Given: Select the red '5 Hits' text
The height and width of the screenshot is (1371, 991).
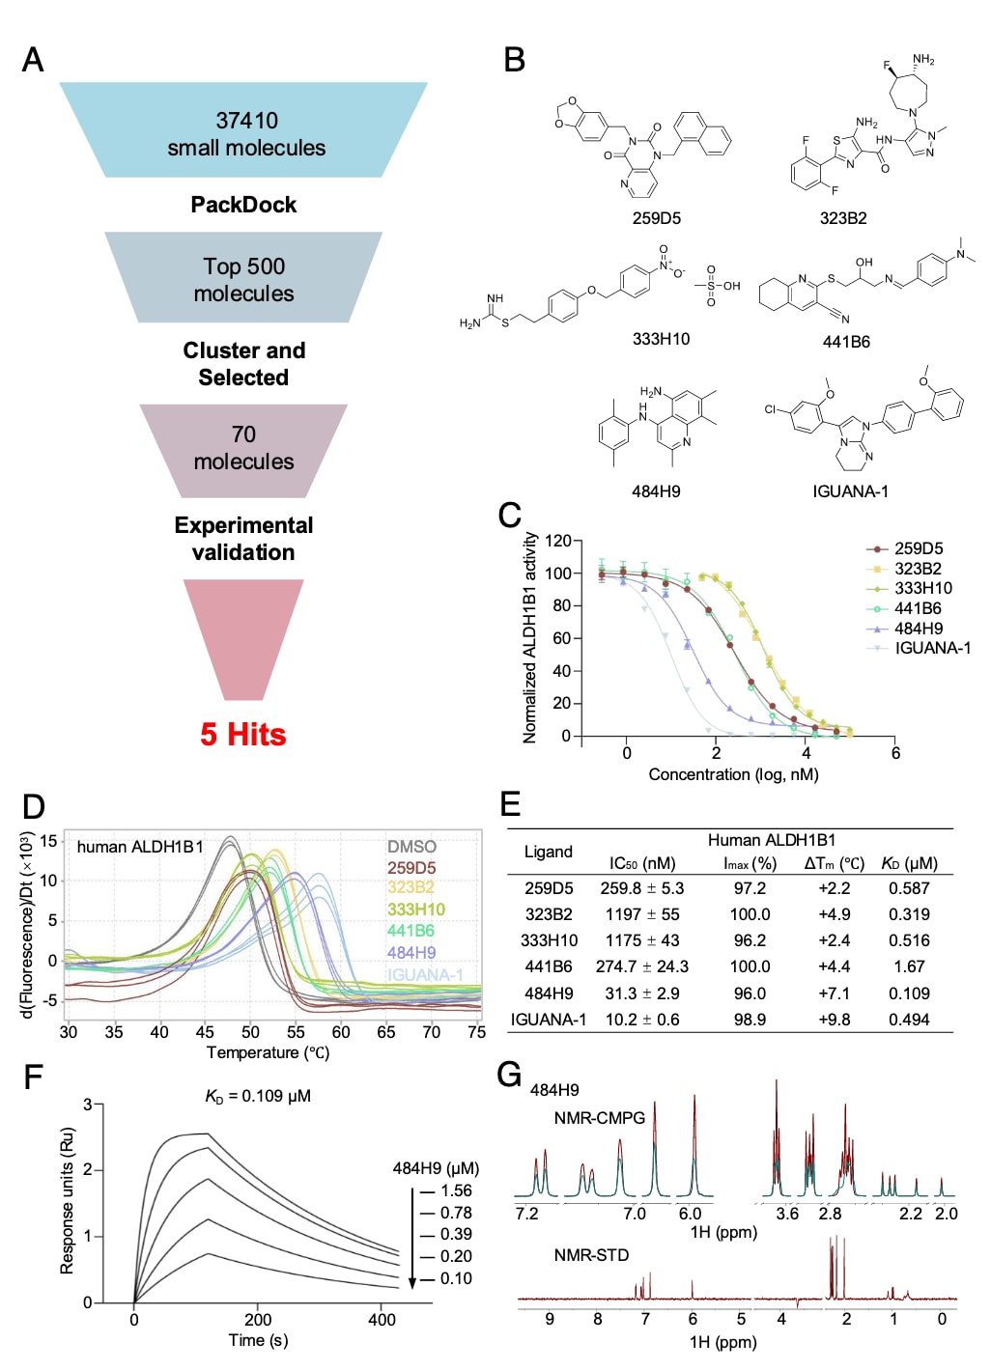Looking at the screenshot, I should click(243, 735).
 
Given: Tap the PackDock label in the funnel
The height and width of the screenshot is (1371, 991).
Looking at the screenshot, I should click(243, 205).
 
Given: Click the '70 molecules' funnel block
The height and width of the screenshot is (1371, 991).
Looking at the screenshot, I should click(243, 448).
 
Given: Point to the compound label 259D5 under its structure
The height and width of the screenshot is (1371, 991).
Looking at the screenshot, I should click(657, 218).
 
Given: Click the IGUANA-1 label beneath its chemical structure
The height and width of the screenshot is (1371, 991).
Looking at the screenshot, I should click(850, 491).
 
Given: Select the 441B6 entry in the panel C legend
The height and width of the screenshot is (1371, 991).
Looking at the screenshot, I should click(918, 608).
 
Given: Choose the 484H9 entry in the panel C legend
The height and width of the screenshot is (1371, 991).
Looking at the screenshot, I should click(918, 629).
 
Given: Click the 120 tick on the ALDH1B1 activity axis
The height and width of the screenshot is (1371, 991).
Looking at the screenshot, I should click(557, 541).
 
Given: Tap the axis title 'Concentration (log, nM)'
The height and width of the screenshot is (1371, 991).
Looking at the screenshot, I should click(733, 774).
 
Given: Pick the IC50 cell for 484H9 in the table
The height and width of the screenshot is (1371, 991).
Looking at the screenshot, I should click(642, 993).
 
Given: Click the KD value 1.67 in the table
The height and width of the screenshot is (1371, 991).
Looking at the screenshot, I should click(909, 966).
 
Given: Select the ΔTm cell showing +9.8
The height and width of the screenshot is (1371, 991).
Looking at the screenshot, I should click(834, 1020).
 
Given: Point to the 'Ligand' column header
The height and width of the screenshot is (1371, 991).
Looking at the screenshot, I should click(548, 852).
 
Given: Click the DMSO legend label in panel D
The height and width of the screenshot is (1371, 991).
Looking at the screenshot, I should click(411, 847).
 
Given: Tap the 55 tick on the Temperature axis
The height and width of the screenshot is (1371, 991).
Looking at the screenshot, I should click(296, 1032).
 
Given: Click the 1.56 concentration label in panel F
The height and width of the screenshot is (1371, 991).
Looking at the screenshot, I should click(456, 1190).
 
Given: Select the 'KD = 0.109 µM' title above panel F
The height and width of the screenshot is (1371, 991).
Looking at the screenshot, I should click(258, 1096).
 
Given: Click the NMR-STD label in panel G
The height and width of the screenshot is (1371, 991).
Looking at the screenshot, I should click(591, 1255).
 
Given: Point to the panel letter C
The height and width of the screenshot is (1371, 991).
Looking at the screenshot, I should click(510, 517).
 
